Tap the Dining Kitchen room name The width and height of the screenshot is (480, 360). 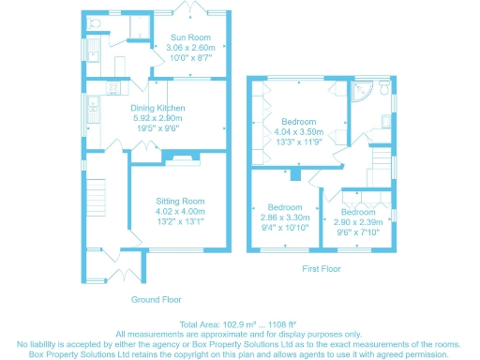coord(157,108)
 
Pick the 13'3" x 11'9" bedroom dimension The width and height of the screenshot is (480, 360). coord(298,143)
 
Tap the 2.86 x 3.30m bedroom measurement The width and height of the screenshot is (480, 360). coord(284,217)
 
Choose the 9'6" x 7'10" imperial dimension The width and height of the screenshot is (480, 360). coord(360,232)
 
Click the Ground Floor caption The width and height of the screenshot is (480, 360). coord(155,300)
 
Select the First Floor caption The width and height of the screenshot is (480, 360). coord(322,269)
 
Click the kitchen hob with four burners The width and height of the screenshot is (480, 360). coord(114,88)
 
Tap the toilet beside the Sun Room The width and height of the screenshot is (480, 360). coord(93,21)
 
